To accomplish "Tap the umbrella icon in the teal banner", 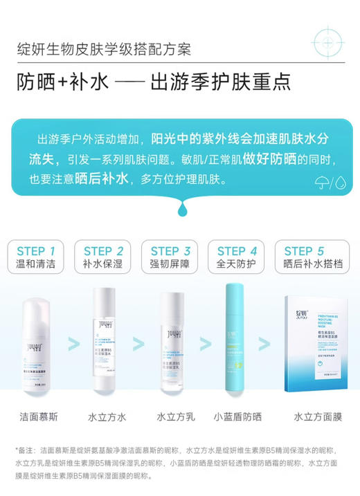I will (x=322, y=182).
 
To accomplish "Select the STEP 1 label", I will (x=40, y=251).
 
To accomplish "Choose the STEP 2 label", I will (x=103, y=251).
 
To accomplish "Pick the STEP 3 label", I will (x=170, y=251).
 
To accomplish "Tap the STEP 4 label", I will (x=237, y=251).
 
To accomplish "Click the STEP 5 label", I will (x=303, y=251).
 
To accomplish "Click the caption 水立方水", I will (x=107, y=417).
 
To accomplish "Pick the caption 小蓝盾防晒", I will (x=238, y=417).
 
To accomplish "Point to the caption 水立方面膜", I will (x=317, y=417).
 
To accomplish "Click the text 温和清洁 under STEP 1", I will (x=40, y=265).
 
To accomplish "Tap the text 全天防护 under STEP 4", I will (x=237, y=265).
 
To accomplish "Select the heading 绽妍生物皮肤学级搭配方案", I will (x=104, y=51).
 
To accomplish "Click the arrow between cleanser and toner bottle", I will (x=73, y=344).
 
